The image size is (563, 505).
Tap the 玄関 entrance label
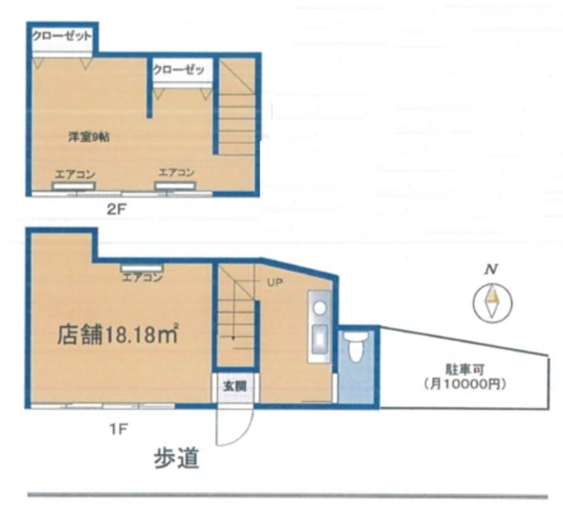pos(235,387)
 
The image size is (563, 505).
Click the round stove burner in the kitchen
pos(320,308)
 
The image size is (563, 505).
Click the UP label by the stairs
pos(275,283)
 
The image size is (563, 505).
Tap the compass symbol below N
pos(492,302)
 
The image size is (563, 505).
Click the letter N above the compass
pos(492,269)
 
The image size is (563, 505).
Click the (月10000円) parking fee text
pos(465,384)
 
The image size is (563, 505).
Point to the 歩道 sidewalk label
pos(176,458)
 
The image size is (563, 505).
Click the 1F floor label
pos(119,429)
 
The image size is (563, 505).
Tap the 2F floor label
pos(117,210)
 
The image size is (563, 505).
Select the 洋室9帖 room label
pos(89,137)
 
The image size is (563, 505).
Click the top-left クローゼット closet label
pos(62,36)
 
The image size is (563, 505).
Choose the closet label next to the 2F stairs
pos(179,70)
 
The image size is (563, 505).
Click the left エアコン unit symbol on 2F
pos(74,186)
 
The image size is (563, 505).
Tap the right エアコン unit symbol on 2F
pos(175,186)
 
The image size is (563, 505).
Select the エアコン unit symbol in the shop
pos(142,268)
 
